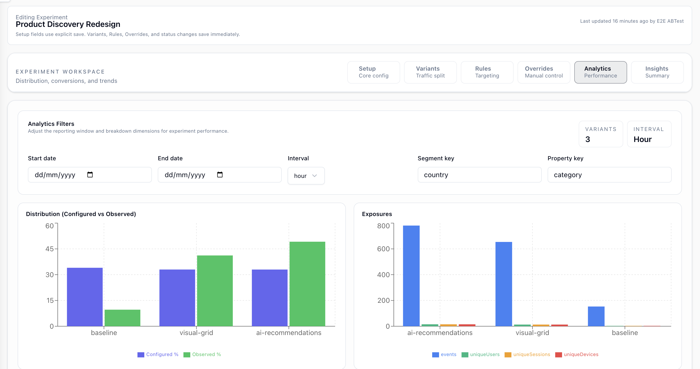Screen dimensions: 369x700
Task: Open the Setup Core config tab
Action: tap(373, 72)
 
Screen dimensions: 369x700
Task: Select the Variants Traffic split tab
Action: tap(430, 72)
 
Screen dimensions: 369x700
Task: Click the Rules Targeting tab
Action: tap(487, 72)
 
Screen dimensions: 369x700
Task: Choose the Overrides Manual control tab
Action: tap(543, 72)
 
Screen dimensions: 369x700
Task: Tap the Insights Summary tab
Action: tap(657, 72)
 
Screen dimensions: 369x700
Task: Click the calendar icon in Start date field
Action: tap(90, 174)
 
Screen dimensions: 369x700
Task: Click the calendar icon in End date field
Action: tap(220, 174)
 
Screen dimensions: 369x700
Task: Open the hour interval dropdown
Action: tap(306, 176)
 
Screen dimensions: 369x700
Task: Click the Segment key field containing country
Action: tap(479, 175)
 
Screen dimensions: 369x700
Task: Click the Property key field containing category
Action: tap(609, 175)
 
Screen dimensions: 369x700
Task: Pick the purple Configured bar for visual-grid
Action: tap(177, 298)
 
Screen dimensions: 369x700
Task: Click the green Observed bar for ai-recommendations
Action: tap(307, 284)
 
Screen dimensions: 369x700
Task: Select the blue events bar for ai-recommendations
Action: tap(411, 276)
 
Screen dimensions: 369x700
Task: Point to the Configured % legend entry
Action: tap(158, 354)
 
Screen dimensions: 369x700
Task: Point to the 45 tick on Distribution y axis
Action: tap(50, 249)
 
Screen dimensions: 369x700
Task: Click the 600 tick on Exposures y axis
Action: tap(383, 249)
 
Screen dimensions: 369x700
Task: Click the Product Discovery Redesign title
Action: tap(68, 24)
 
